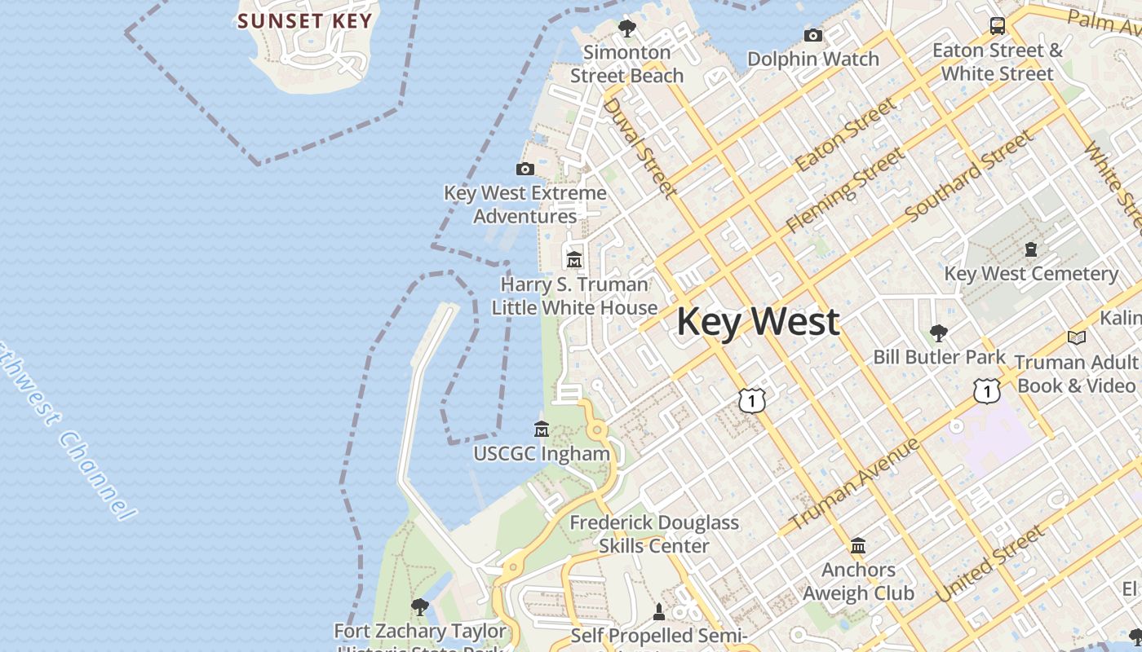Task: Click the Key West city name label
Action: [758, 321]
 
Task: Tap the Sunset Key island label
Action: [305, 21]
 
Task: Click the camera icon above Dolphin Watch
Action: [813, 35]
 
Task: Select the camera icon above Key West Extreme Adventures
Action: [525, 170]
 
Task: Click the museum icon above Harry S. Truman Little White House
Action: [574, 260]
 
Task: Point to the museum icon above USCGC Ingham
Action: [542, 429]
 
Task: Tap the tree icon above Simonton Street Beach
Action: [626, 29]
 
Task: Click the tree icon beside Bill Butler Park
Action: [939, 333]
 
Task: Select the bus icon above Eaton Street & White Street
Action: [998, 26]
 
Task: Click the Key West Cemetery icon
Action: [1030, 249]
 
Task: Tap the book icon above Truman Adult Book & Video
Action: [1077, 337]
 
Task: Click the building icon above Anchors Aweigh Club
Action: [858, 545]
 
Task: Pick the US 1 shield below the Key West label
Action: [752, 399]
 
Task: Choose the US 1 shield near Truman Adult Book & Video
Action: [987, 391]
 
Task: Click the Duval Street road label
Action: [640, 148]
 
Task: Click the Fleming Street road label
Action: [845, 190]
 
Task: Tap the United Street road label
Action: [989, 564]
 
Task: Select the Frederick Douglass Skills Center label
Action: [654, 534]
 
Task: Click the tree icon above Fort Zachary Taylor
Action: [420, 606]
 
